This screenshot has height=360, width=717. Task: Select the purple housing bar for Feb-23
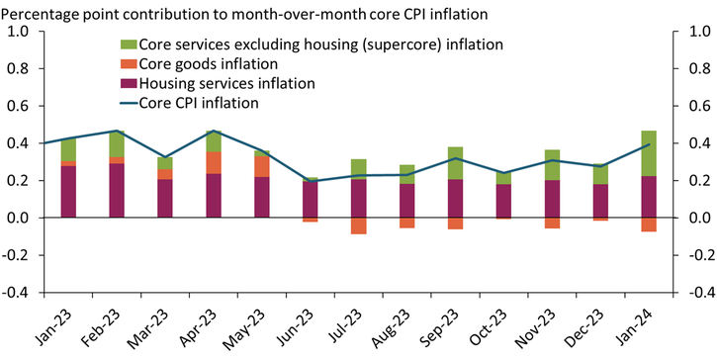pos(117,190)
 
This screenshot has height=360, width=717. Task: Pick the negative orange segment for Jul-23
pos(358,225)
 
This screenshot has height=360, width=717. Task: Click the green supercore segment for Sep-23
pos(455,162)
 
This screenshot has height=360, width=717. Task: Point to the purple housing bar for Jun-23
pos(311,199)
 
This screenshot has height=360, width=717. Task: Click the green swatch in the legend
pos(128,45)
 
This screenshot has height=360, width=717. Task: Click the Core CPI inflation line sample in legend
pos(128,102)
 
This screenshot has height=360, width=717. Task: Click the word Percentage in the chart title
pos(45,11)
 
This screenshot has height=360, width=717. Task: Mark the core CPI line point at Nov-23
pos(552,160)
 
